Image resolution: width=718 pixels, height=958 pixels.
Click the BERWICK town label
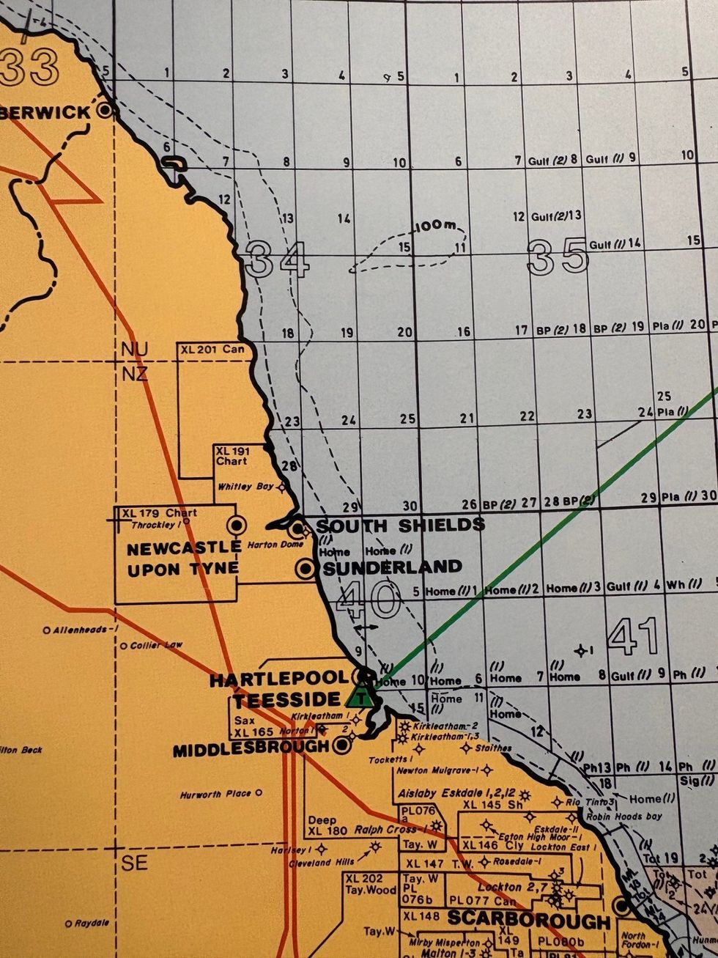(45, 112)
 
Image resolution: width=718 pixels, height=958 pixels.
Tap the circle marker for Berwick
(106, 111)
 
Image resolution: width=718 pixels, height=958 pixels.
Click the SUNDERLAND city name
(393, 567)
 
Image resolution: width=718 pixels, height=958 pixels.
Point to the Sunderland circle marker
(306, 568)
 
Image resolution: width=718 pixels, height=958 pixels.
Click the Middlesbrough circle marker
(341, 746)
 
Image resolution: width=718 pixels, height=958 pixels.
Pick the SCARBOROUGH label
(528, 920)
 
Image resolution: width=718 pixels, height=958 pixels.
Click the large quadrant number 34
(277, 259)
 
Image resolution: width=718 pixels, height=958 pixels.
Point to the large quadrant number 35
(558, 257)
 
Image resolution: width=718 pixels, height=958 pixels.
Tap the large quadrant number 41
(634, 636)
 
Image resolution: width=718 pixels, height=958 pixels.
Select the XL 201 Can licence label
(212, 350)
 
